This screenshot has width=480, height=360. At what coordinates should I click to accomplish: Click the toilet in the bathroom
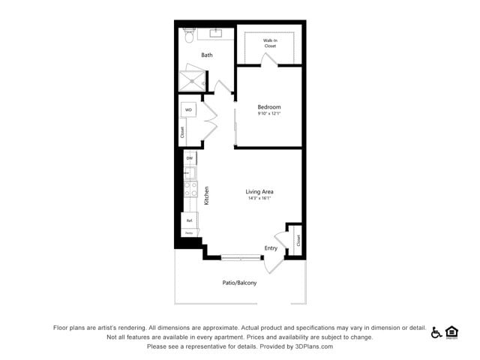(189, 35)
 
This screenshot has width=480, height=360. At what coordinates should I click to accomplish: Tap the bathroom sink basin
(216, 33)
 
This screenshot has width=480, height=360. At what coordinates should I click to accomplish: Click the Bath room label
(207, 55)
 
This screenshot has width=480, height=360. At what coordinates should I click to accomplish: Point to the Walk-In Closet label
(270, 43)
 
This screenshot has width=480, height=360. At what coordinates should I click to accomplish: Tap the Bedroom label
(268, 107)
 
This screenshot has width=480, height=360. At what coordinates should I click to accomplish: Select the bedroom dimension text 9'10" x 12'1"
(268, 114)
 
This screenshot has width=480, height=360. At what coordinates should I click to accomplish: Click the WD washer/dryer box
(189, 110)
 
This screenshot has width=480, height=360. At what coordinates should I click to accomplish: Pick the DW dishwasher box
(190, 158)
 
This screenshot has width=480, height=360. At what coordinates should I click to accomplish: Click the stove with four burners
(190, 189)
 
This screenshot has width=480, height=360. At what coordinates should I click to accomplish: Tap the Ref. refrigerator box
(190, 220)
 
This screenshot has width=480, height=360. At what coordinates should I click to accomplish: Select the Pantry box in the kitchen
(190, 233)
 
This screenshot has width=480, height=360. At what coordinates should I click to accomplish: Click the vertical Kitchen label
(206, 196)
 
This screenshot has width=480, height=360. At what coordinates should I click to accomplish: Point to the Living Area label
(259, 192)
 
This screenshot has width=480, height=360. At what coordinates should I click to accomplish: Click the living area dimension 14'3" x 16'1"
(259, 199)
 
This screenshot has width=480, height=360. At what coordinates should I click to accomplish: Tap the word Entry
(271, 248)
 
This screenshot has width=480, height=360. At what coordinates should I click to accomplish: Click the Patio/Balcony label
(239, 283)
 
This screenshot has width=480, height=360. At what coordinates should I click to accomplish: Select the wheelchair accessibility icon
(436, 332)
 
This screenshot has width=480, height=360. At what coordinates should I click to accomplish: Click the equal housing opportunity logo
(451, 331)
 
